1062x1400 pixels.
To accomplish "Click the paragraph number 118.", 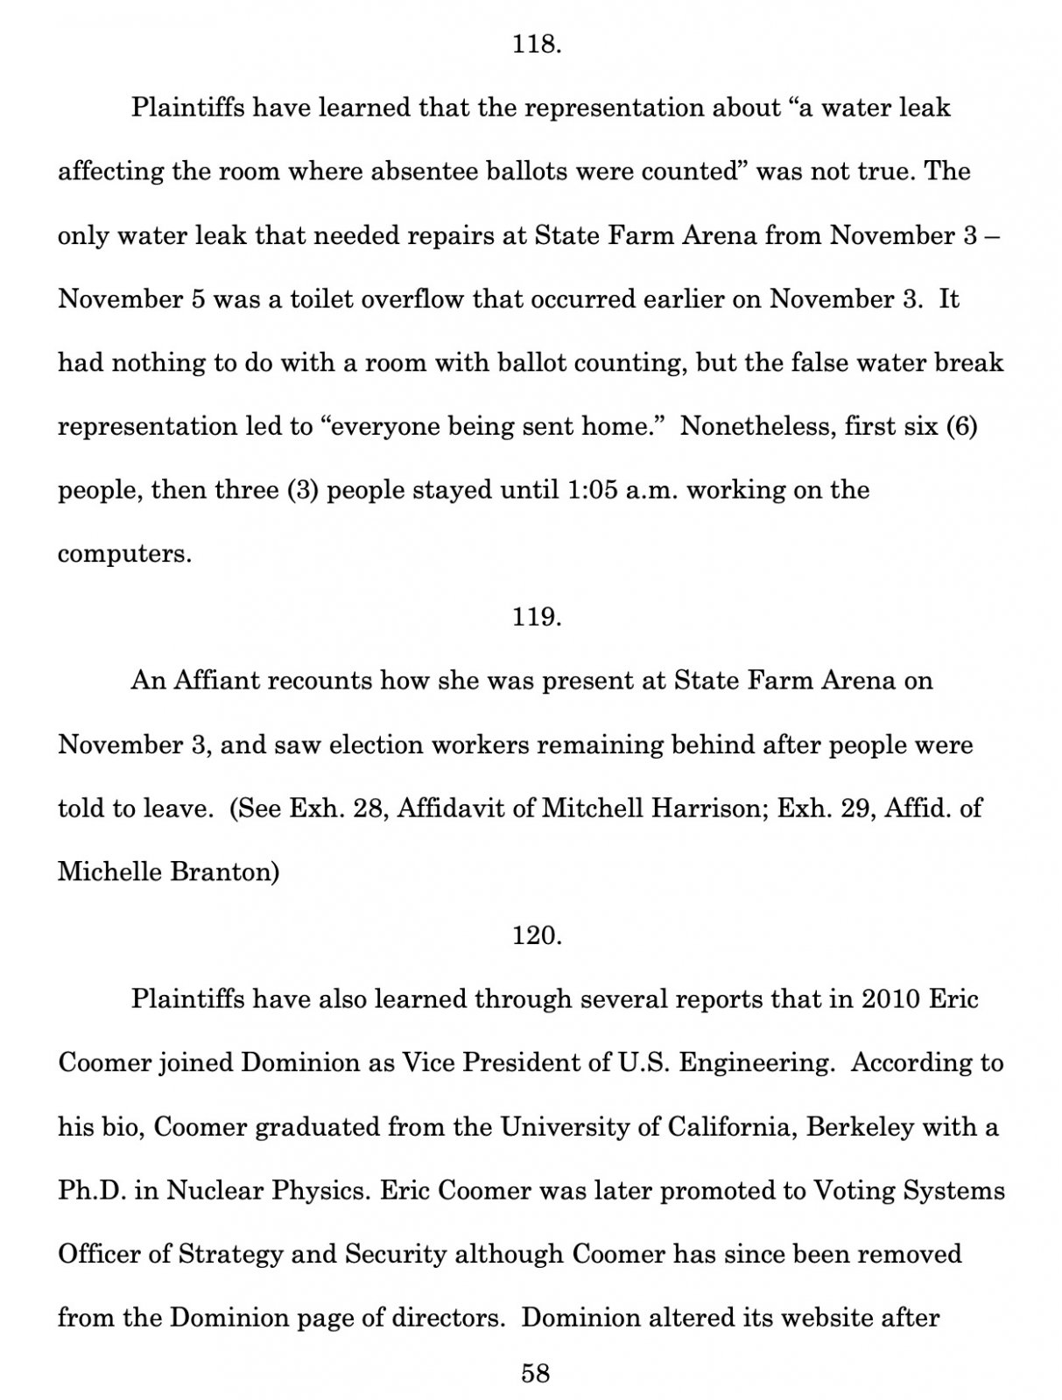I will click(536, 45).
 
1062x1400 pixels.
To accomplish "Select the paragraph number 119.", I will click(536, 617).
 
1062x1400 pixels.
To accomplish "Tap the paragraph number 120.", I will click(536, 935).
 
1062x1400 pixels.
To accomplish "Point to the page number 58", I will click(536, 1373).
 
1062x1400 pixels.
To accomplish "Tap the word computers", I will click(123, 555).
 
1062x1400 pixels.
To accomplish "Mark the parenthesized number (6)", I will click(960, 426).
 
